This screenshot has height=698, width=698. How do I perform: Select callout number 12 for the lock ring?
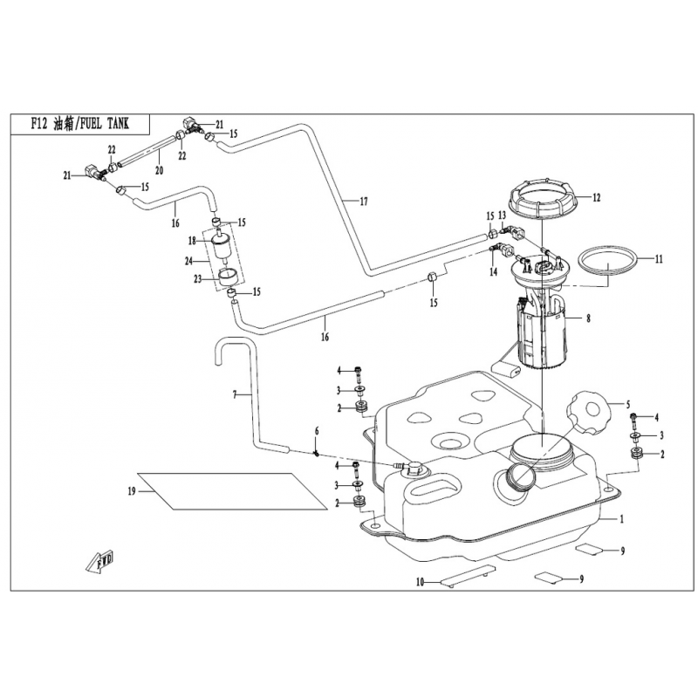coord(597,197)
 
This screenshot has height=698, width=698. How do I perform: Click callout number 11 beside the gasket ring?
coord(660,259)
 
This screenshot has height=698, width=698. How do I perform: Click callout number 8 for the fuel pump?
coord(588,319)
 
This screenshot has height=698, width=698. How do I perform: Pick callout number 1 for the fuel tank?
coord(622,519)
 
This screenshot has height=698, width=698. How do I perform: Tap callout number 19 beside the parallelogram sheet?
coord(131,491)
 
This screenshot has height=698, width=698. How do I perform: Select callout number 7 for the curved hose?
coord(234,395)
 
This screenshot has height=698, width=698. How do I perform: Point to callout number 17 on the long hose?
coord(364,202)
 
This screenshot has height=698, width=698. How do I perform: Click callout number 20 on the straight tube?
coord(159,169)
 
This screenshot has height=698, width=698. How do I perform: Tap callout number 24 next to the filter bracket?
coord(188,259)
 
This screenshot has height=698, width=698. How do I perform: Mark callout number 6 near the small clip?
coord(318,431)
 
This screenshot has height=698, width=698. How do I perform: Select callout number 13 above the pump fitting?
coord(502,215)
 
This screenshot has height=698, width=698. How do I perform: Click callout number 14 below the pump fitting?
coord(493,272)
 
